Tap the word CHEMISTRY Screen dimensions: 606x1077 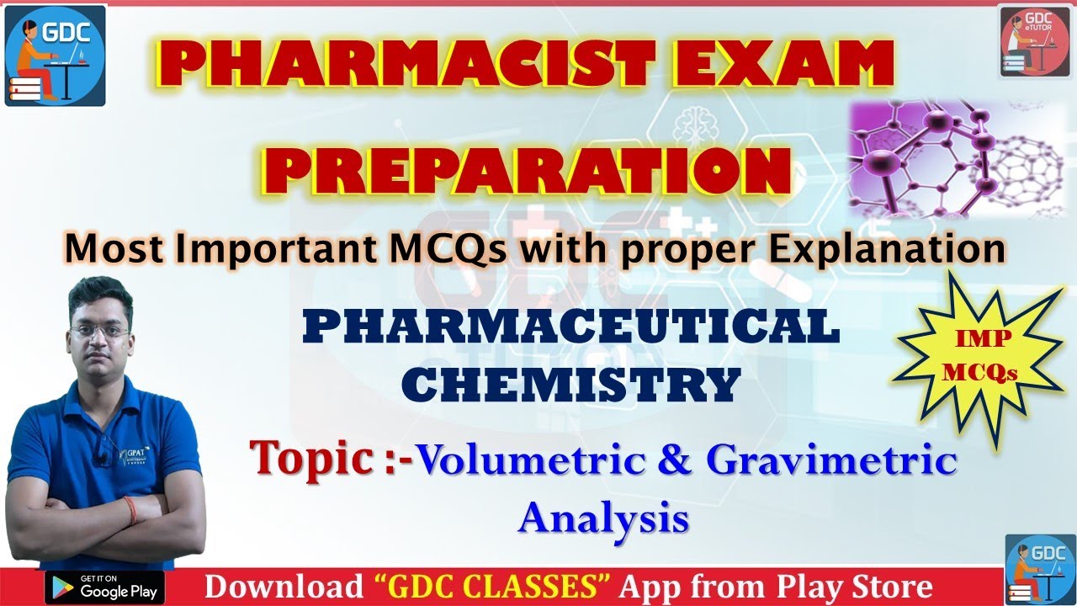(570, 384)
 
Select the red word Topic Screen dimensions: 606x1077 (312, 458)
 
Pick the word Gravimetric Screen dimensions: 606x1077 (831, 461)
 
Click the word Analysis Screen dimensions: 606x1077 (603, 517)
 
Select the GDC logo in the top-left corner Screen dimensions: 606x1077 (55, 56)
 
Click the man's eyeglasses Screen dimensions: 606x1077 (99, 331)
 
